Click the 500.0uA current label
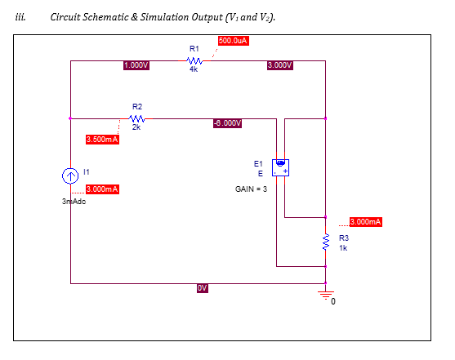(x=234, y=41)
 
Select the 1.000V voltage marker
(x=136, y=64)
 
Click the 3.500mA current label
(x=102, y=140)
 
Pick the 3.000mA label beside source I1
(x=102, y=189)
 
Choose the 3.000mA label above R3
(x=365, y=222)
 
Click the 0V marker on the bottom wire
(x=203, y=287)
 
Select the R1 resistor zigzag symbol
(x=194, y=60)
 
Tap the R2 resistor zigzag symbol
(x=136, y=118)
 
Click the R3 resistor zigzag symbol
(x=326, y=242)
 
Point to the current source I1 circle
(x=70, y=176)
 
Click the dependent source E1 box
(x=282, y=166)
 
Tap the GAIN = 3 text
(x=251, y=189)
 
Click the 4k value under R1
(x=194, y=70)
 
